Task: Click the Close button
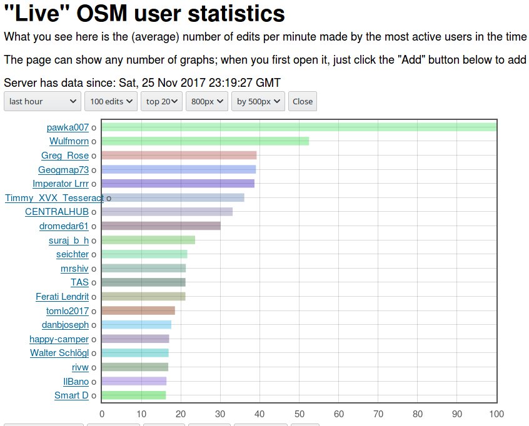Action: [303, 101]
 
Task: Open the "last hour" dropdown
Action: [43, 101]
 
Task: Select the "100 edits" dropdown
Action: [112, 101]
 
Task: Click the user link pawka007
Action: [68, 127]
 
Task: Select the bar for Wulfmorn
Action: [205, 141]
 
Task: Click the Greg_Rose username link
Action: [65, 156]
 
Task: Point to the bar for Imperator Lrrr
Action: [178, 184]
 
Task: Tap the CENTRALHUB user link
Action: [57, 212]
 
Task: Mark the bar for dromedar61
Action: [161, 226]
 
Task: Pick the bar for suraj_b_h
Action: [148, 240]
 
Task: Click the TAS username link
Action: [79, 282]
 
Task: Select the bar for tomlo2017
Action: [138, 310]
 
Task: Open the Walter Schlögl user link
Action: [59, 353]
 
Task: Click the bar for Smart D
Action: [134, 395]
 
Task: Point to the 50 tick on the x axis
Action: [299, 414]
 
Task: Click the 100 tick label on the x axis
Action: [496, 414]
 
